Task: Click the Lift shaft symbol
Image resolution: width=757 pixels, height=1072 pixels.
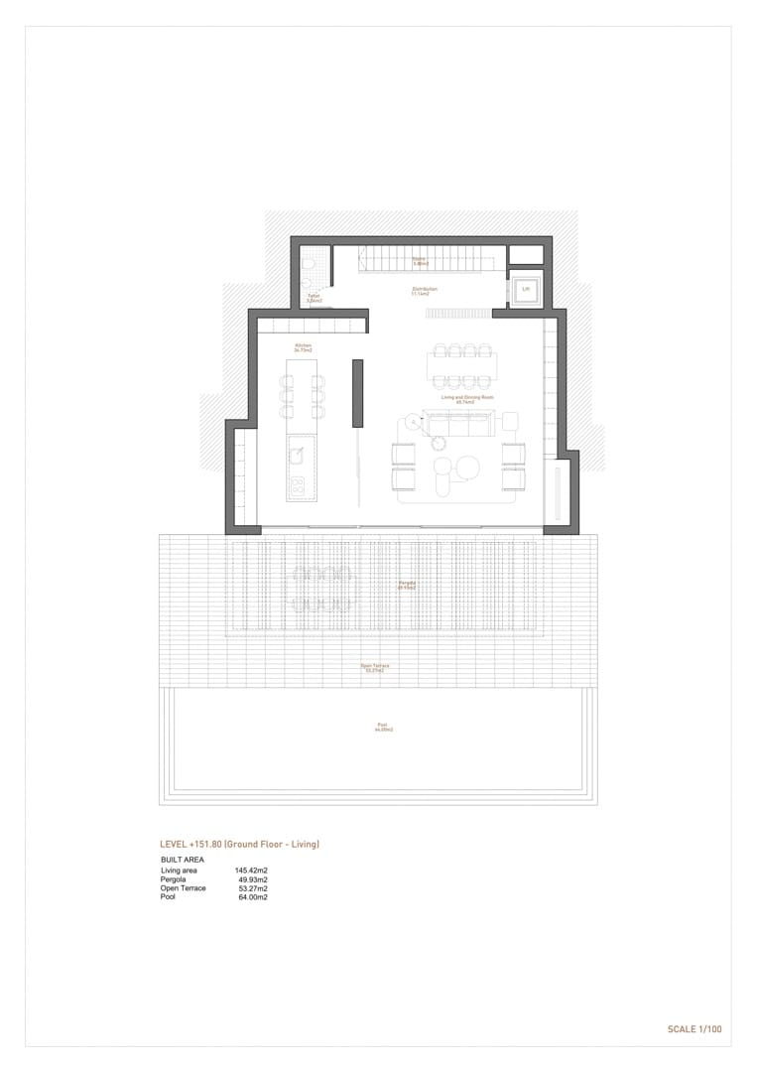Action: [x=526, y=289]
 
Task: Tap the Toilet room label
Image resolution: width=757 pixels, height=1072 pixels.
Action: [x=314, y=297]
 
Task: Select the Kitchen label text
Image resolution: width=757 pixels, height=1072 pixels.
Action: [x=303, y=347]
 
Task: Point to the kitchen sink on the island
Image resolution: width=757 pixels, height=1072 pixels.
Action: [x=296, y=455]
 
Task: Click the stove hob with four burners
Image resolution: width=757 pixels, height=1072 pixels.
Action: [x=296, y=486]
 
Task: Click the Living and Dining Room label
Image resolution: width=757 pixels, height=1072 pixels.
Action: [x=467, y=398]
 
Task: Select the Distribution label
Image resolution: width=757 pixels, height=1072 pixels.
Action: [x=425, y=291]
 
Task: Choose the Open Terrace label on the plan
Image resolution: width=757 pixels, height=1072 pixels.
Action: [x=375, y=667]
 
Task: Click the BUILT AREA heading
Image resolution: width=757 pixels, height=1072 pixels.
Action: [x=183, y=859]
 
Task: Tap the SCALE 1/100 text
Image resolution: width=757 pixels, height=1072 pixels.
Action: [x=694, y=1029]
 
